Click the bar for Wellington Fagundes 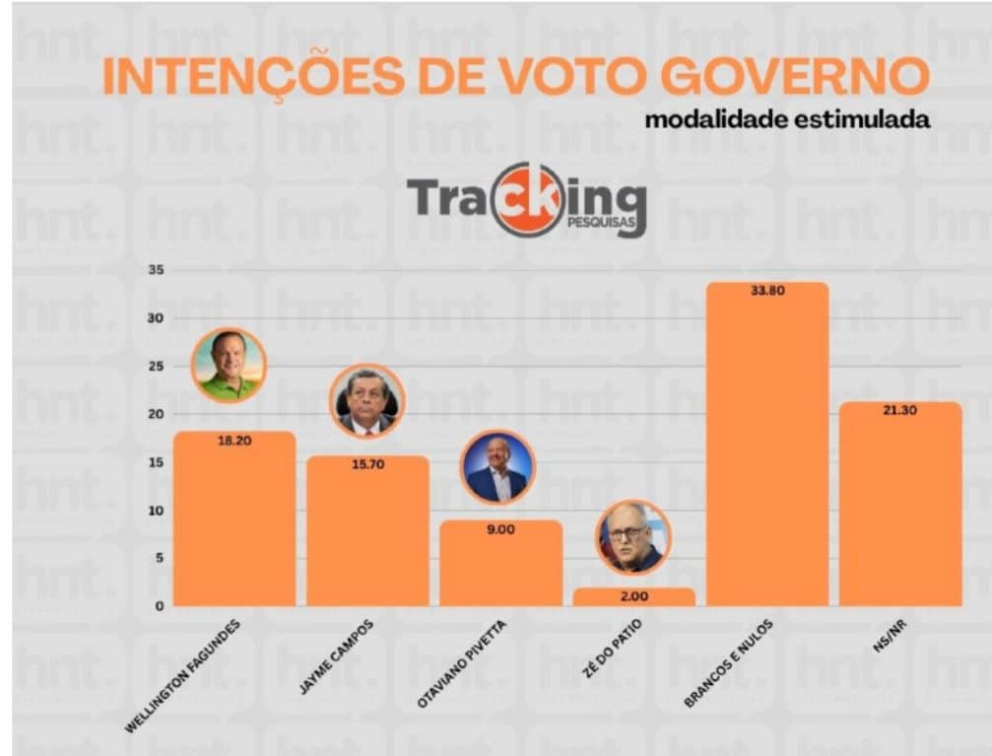[234, 522]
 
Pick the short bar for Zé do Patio [633, 596]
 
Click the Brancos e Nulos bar [767, 453]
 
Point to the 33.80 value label [767, 292]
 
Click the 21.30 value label [900, 410]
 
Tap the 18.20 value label [234, 441]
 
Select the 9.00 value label [500, 529]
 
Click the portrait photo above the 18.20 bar [229, 366]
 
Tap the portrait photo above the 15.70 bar [366, 401]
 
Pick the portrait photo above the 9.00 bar [498, 467]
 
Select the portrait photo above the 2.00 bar [633, 537]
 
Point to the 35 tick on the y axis [156, 270]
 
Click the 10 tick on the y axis [156, 511]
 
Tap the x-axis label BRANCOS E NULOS [730, 662]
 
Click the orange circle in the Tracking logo [529, 199]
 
